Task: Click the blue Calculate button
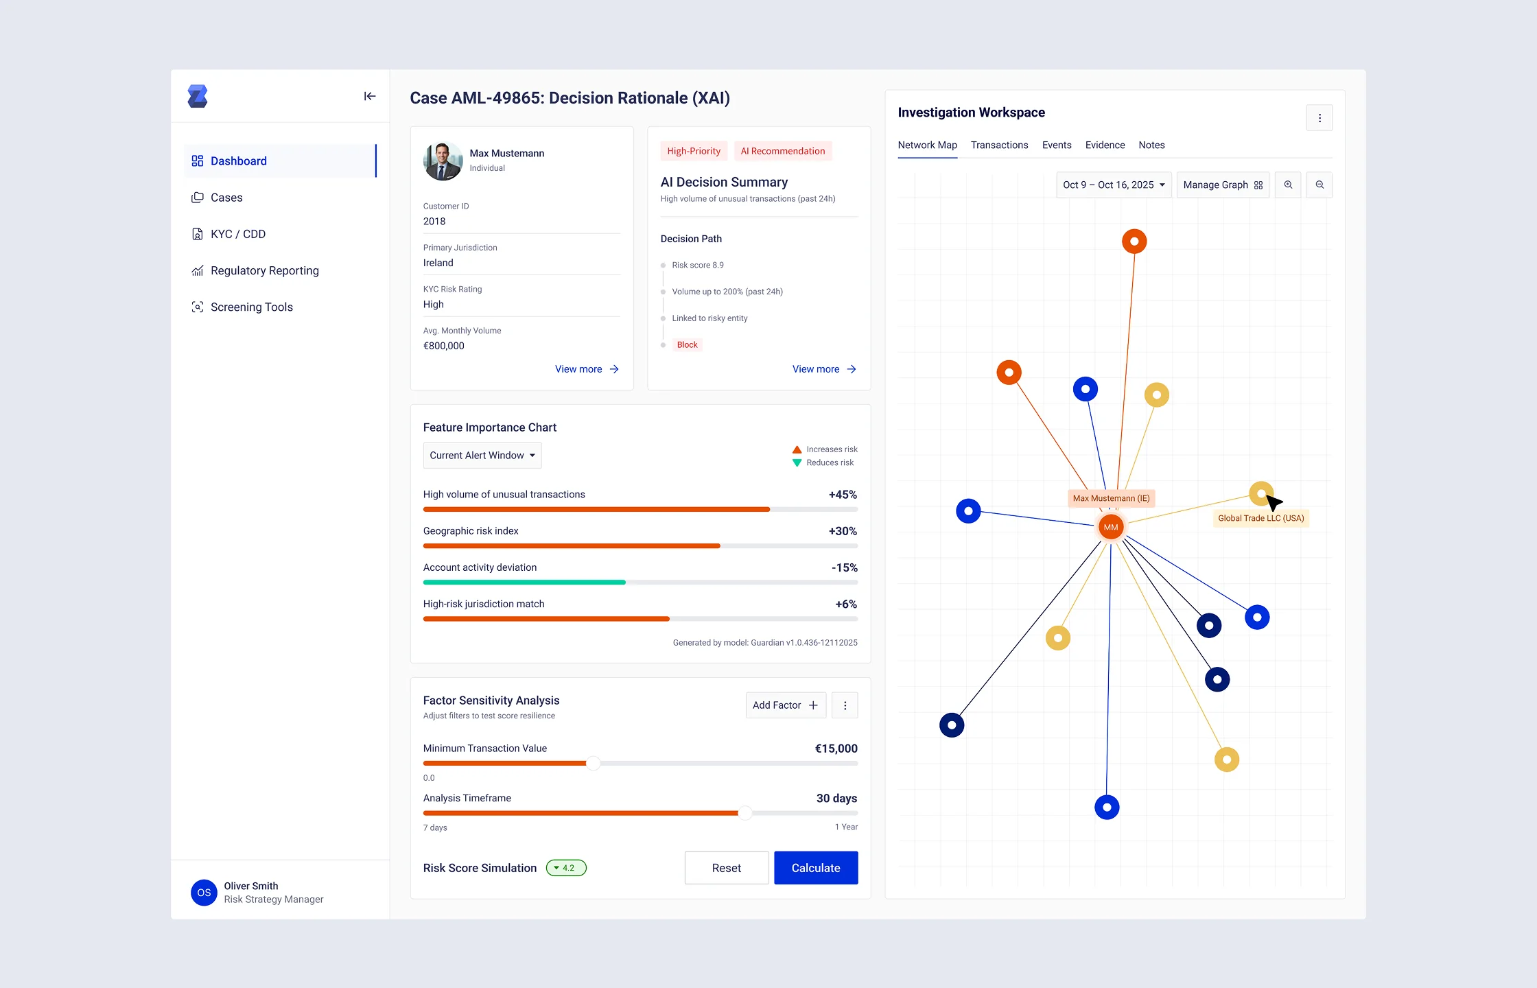coord(815,868)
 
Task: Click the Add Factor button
coord(785,705)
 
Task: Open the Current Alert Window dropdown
coord(482,456)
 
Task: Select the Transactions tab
coord(999,145)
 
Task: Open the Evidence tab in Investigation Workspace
coord(1105,145)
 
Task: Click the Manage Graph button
coord(1222,185)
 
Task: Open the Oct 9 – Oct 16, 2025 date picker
coord(1113,185)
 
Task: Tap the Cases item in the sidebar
coord(226,198)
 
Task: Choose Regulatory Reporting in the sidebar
coord(264,271)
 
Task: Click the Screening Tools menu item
coord(251,307)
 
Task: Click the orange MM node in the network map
coord(1110,527)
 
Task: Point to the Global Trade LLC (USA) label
coord(1260,519)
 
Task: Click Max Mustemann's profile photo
coord(443,161)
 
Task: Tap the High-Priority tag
coord(693,152)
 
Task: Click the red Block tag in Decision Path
coord(687,345)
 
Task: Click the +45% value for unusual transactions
coord(843,495)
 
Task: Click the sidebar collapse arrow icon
coord(370,97)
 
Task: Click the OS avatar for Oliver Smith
coord(204,893)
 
